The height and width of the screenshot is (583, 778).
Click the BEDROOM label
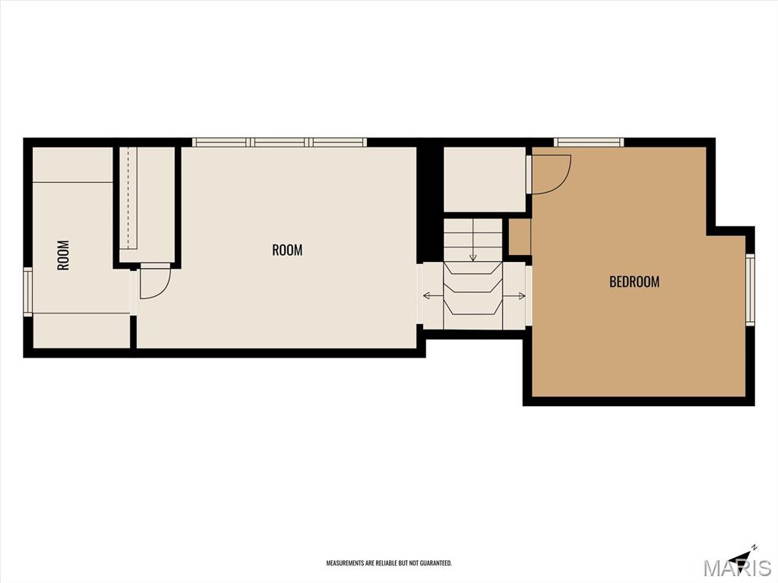coord(634,282)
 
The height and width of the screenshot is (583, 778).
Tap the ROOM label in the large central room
coord(287,250)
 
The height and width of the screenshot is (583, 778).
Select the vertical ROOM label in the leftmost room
coord(64,255)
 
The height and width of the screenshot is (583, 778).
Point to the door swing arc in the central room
coord(163,290)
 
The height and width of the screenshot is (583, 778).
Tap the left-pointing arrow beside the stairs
coord(433,296)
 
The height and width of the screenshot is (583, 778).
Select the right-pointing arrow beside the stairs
coord(514,296)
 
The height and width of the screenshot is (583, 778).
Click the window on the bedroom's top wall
coord(589,143)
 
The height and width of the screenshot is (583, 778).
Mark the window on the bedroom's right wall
coord(750,289)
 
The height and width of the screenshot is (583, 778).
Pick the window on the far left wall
coord(28,291)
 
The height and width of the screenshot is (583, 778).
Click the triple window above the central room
coord(280,143)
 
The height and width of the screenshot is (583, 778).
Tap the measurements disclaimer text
coord(389,563)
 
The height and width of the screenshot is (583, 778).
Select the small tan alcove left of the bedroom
coord(520,237)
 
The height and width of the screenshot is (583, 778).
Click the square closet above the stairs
coord(485,179)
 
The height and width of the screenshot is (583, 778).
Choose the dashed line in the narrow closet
coord(128,198)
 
